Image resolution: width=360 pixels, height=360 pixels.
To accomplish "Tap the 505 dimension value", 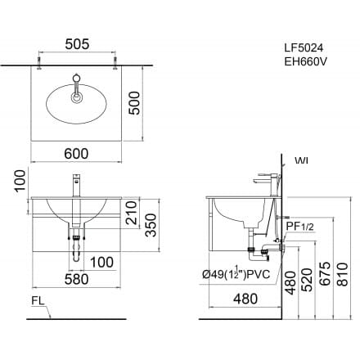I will click(79, 46).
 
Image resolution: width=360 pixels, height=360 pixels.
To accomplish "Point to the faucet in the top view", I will click(79, 87).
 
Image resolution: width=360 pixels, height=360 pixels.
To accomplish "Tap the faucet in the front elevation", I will click(77, 185).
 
